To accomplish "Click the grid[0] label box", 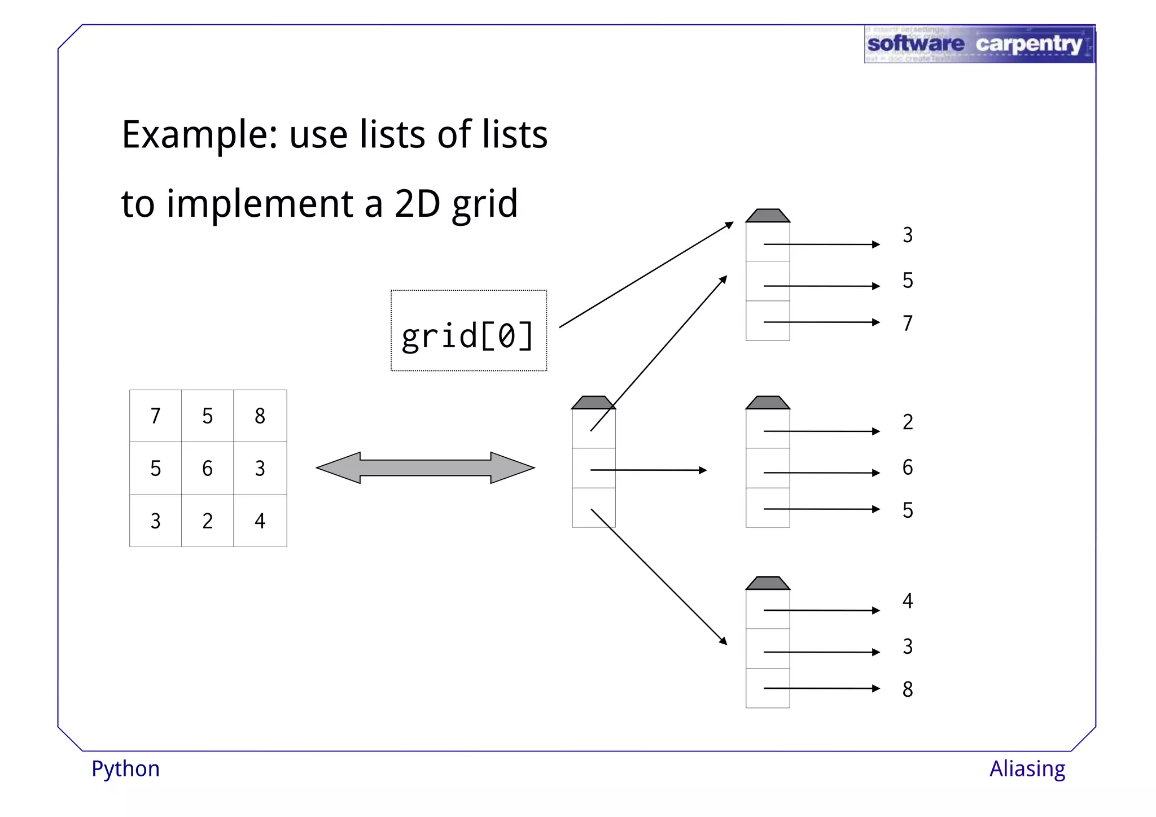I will pos(468,331).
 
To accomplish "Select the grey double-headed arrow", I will pos(425,468).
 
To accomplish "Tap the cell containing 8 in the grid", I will pos(260,416).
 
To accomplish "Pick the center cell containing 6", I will pos(207,468).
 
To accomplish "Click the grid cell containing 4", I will pos(260,521).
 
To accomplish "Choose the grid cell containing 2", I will pos(207,521).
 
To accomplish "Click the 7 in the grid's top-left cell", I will pos(155,416).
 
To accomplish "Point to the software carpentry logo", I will pos(979,44).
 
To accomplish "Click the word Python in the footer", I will pos(125,769).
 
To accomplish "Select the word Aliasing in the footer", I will pos(1027,769).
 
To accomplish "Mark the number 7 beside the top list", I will pos(907,323).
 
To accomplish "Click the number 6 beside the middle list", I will pos(907,467).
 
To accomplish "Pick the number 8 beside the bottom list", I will pos(907,689).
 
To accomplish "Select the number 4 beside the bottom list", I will pos(907,601).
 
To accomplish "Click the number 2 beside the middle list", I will pos(907,422).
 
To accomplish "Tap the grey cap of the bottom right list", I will pos(768,583).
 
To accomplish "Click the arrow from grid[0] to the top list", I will pos(646,275).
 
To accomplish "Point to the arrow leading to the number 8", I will pos(821,688).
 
